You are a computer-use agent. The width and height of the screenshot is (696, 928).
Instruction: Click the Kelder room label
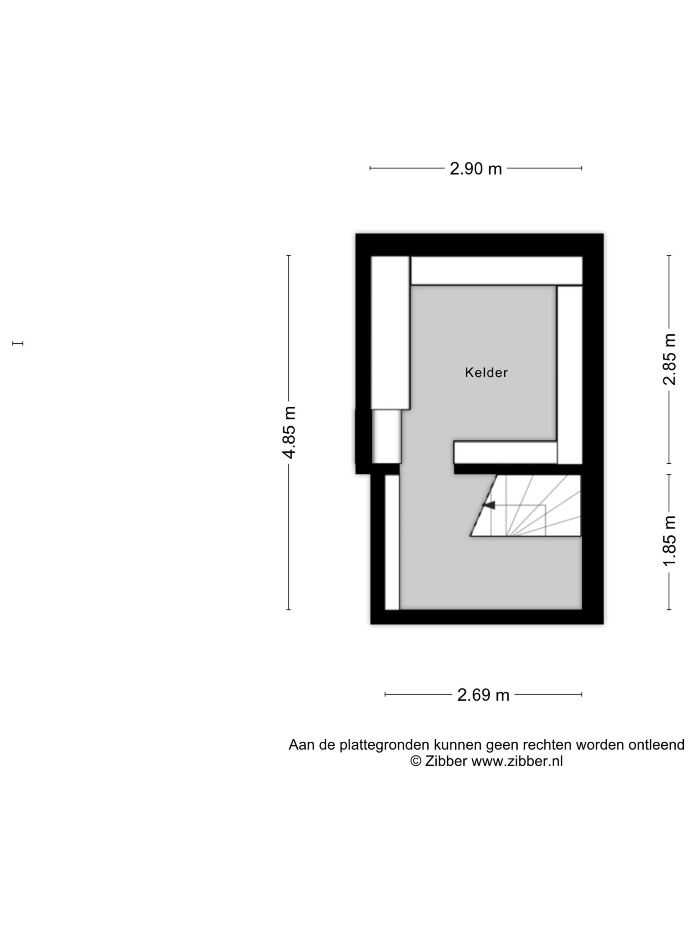pyautogui.click(x=486, y=373)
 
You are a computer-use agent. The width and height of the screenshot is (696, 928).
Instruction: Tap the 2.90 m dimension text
pyautogui.click(x=476, y=169)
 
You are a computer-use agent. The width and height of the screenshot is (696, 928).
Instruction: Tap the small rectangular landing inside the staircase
pyautogui.click(x=518, y=521)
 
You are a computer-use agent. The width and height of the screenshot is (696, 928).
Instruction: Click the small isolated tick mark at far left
pyautogui.click(x=18, y=343)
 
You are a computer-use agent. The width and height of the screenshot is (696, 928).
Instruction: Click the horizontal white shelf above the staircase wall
pyautogui.click(x=506, y=453)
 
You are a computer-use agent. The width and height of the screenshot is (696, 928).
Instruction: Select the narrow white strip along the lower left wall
pyautogui.click(x=392, y=542)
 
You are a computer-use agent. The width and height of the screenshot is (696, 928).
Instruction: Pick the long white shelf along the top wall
pyautogui.click(x=497, y=270)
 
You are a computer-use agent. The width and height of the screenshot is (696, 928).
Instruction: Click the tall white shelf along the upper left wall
pyautogui.click(x=390, y=333)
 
